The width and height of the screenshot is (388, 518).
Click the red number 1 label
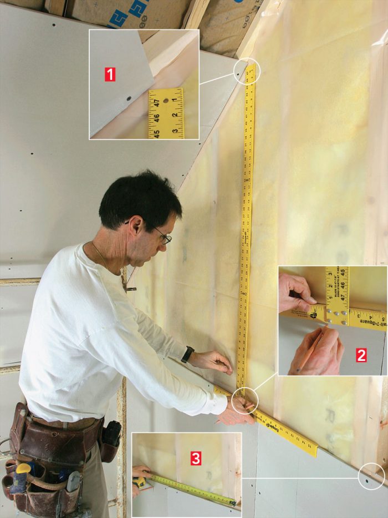[x=110, y=74]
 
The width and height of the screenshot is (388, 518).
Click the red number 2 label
[x=361, y=355]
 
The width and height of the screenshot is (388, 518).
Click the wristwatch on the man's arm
[x=188, y=354]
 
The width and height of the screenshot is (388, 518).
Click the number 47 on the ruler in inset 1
[x=157, y=103]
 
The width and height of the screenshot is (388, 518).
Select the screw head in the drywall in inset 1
[x=129, y=99]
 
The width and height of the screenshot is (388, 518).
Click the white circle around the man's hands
[x=245, y=400]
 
